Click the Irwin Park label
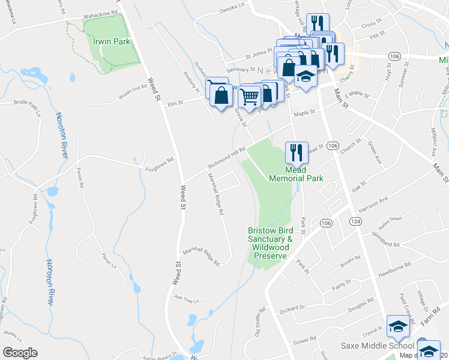click(x=112, y=42)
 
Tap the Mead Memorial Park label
click(x=296, y=174)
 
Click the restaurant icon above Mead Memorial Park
click(x=296, y=152)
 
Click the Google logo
click(x=20, y=353)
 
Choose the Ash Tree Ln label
click(x=186, y=297)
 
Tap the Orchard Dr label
click(x=292, y=308)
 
